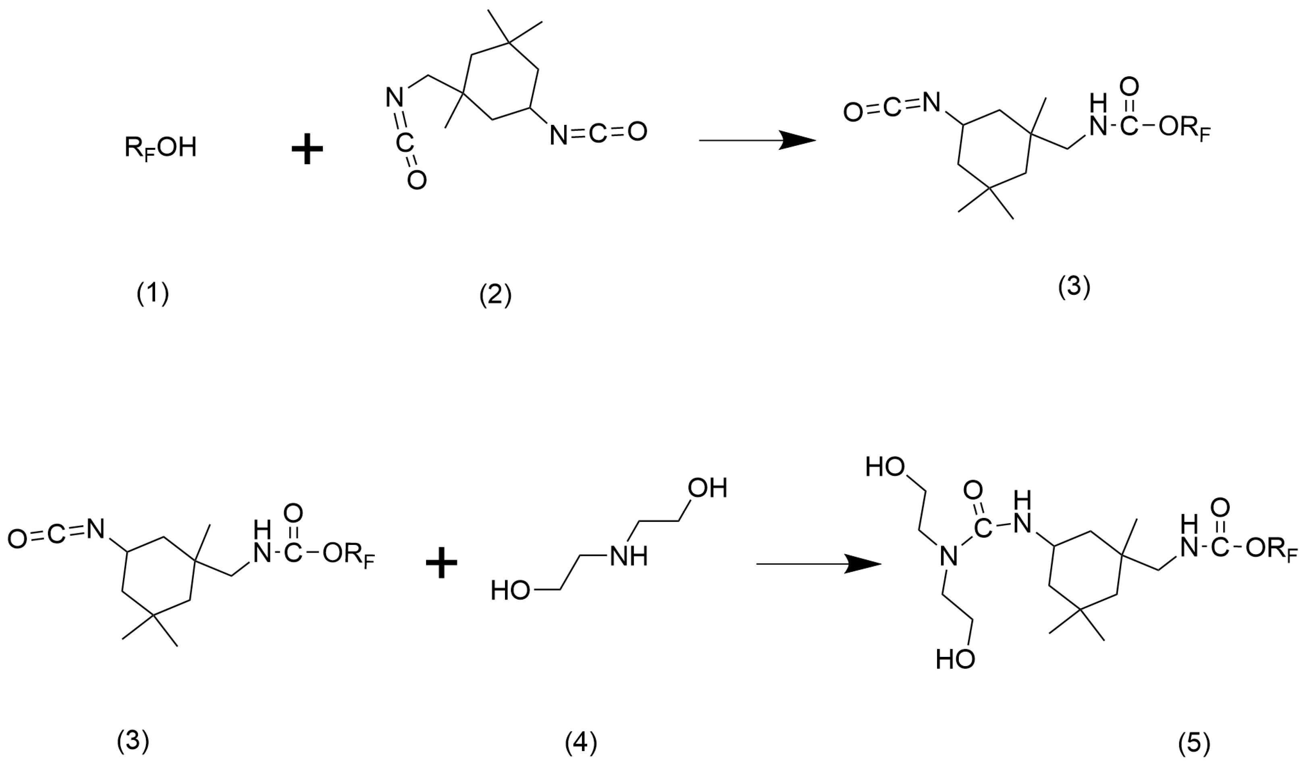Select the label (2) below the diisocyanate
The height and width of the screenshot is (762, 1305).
coord(495,296)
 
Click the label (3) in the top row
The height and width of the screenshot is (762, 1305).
coord(1074,288)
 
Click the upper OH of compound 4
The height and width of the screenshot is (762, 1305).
coord(707,488)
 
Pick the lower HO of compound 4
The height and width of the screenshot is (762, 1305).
coord(511,591)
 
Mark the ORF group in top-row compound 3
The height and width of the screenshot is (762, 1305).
coord(1184,129)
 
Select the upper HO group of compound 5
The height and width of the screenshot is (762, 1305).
coord(885,468)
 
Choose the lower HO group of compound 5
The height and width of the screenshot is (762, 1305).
coord(956,660)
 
